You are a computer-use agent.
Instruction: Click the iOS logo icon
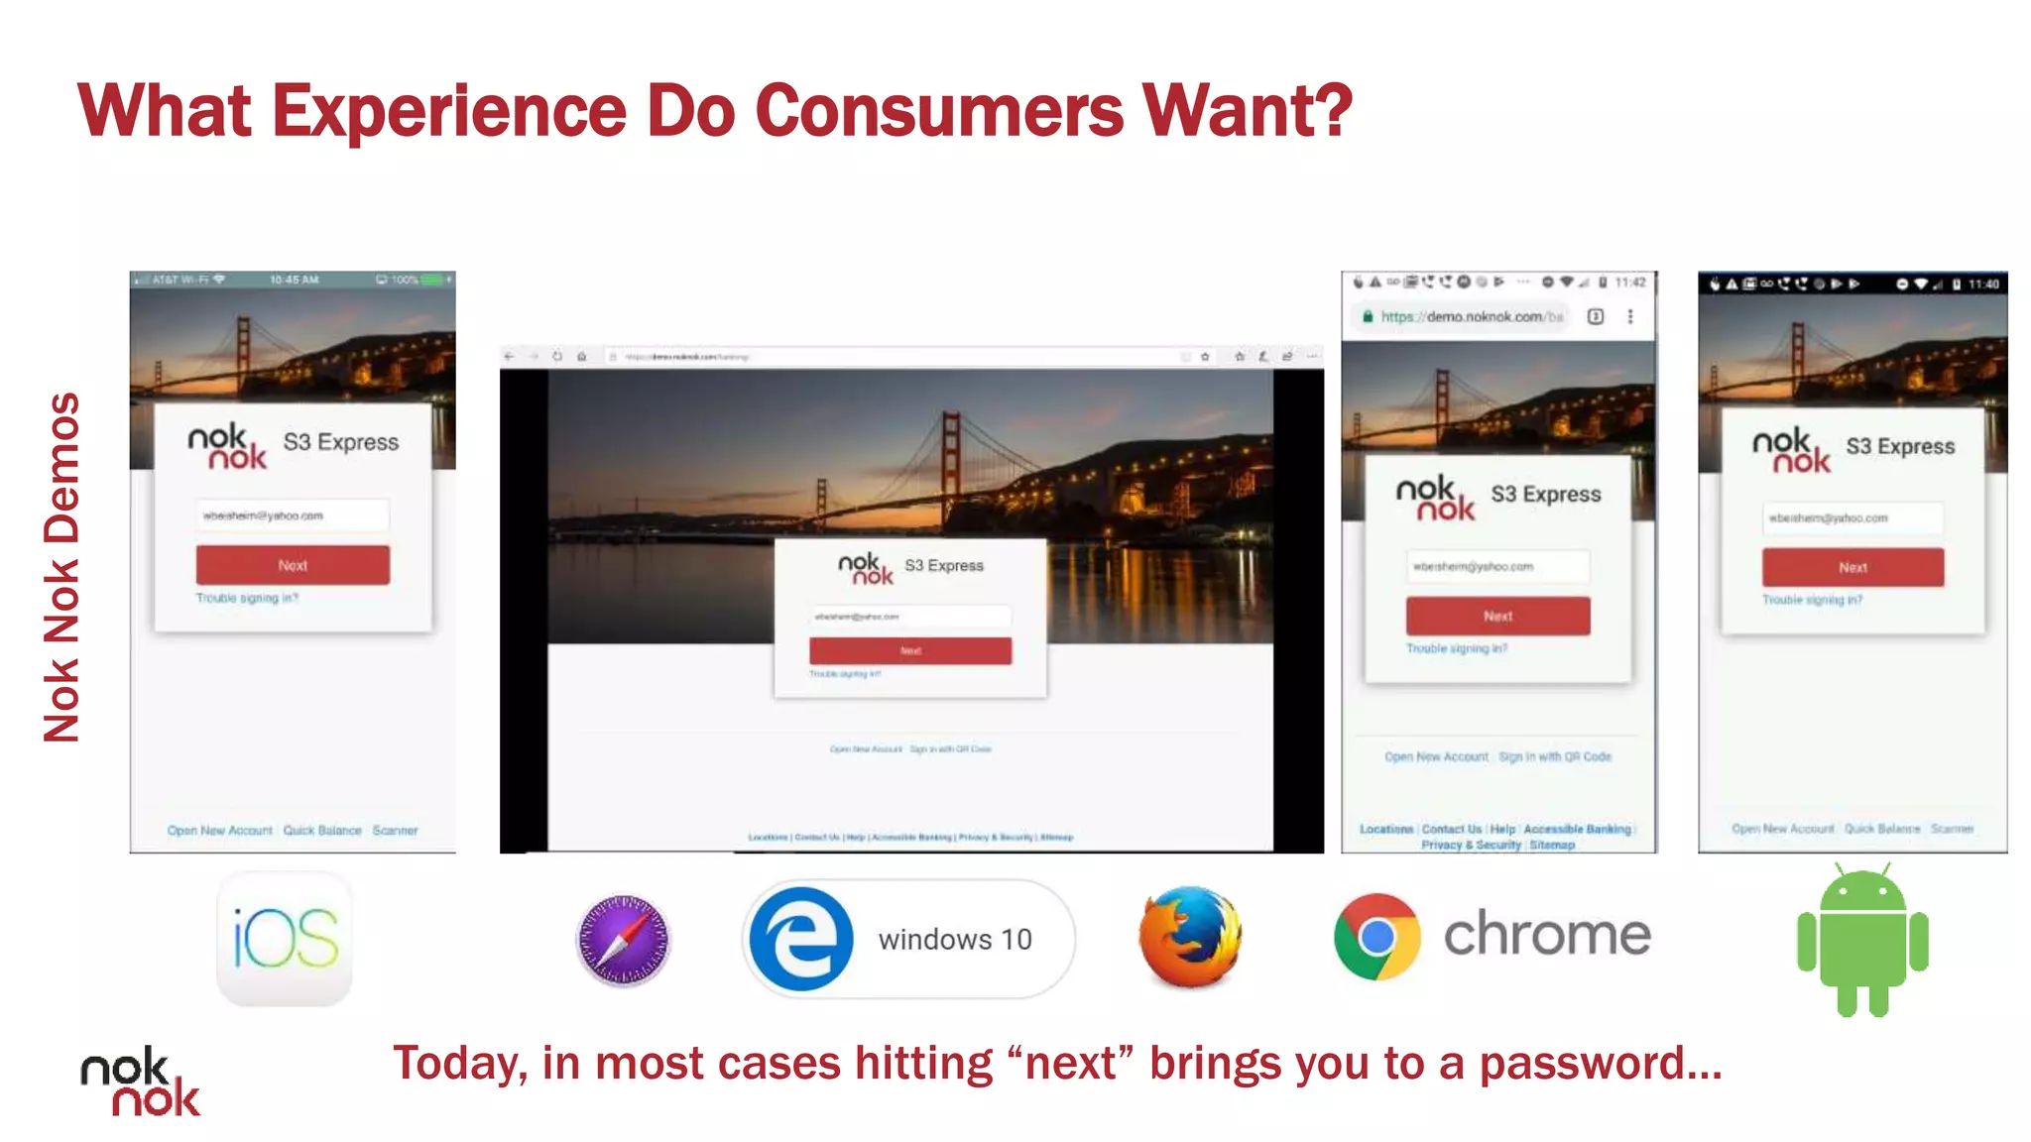(x=285, y=938)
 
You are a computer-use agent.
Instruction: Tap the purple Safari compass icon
(x=623, y=939)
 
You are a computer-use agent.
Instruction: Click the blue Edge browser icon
(x=800, y=939)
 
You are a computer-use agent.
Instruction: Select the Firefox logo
(x=1190, y=937)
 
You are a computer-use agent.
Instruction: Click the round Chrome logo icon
(x=1376, y=936)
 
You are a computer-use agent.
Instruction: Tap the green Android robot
(x=1862, y=940)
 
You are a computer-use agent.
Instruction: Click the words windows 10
(x=955, y=939)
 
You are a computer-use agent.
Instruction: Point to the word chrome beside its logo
(x=1547, y=935)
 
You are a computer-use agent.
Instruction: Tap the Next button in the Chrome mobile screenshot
(x=1497, y=616)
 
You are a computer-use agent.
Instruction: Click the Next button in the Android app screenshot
(x=1852, y=567)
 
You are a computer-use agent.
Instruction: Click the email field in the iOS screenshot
(x=293, y=515)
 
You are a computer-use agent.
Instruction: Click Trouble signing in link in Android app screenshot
(x=1812, y=600)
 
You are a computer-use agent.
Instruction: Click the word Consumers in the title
(x=939, y=110)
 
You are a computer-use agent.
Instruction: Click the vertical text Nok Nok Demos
(x=61, y=567)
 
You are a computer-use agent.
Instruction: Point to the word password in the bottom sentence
(x=1600, y=1063)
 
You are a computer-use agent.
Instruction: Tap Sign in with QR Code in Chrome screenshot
(x=1554, y=756)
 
